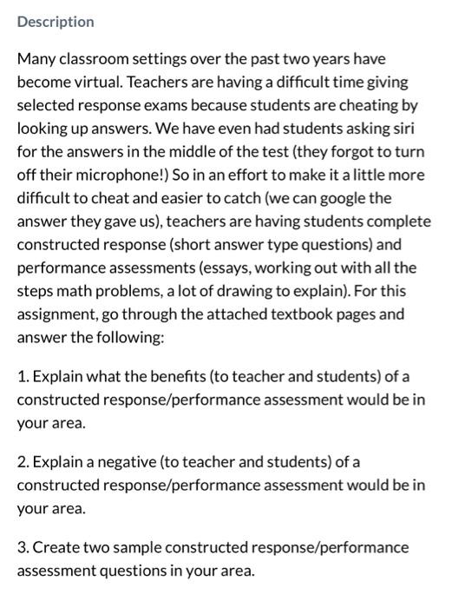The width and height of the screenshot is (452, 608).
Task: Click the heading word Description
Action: coord(56,22)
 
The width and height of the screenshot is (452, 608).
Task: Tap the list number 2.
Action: coord(23,461)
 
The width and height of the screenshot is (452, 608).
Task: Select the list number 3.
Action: coord(23,547)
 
